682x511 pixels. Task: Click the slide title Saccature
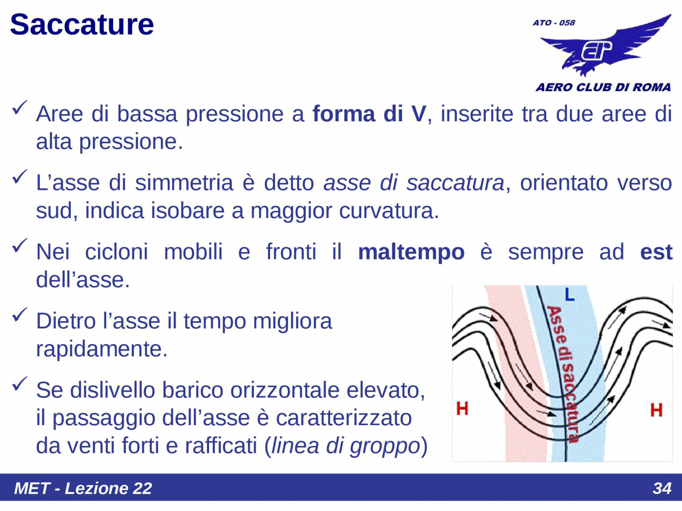(x=82, y=25)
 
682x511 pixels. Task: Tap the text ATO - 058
(x=554, y=23)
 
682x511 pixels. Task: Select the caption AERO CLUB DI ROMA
(x=603, y=87)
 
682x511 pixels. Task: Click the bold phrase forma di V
(x=369, y=114)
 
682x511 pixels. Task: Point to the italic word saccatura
(x=455, y=183)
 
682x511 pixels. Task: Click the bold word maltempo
(x=411, y=252)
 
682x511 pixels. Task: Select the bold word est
(x=656, y=252)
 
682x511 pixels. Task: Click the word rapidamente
(x=101, y=349)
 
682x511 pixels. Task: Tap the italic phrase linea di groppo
(x=346, y=446)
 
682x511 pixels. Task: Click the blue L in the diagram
(x=569, y=295)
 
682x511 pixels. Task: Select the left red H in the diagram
(x=462, y=409)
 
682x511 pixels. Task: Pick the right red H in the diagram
(x=656, y=410)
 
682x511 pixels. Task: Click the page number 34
(x=662, y=488)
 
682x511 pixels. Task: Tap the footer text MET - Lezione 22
(x=83, y=488)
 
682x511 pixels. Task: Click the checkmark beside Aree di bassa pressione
(x=20, y=108)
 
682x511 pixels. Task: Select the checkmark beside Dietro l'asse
(x=20, y=315)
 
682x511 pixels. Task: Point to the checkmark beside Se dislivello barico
(x=20, y=384)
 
